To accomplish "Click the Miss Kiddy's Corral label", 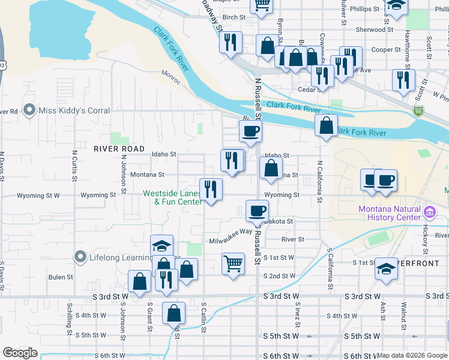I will coord(74,110).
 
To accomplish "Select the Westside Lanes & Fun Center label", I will coord(172,197).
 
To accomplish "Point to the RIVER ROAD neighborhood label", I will coord(118,148).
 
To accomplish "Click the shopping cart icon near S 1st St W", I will coord(233,263).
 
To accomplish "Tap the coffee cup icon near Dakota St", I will coord(257,211).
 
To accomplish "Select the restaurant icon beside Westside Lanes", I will coord(211,189).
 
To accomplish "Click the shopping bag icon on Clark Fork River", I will coord(326,125).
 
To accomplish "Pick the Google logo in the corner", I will coord(20,353).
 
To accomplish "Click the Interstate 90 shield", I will coord(418,111).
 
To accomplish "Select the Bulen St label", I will coord(61,277).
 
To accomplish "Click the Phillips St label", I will coord(366,9).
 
